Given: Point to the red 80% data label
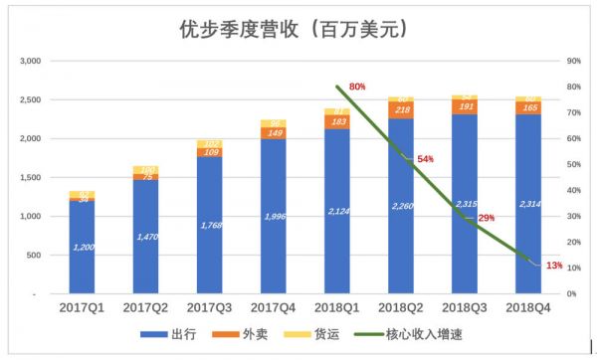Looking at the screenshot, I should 357,87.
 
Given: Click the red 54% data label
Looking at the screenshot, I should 425,159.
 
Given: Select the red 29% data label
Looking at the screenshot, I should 487,218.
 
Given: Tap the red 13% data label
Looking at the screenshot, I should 554,266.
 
